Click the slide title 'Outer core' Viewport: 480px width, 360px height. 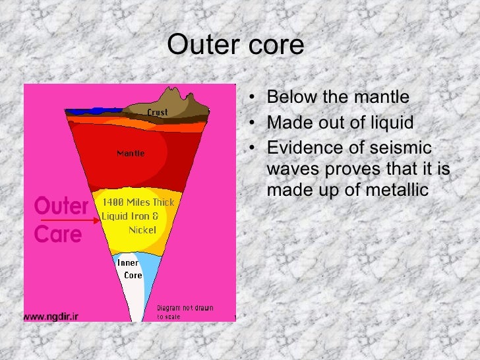click(x=235, y=45)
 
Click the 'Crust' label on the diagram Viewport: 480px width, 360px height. click(x=158, y=112)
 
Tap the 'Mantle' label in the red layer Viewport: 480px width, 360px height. click(x=131, y=154)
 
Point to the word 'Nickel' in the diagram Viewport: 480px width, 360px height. click(x=142, y=230)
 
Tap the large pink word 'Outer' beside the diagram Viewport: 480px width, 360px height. click(x=61, y=207)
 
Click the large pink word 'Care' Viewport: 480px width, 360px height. click(x=58, y=234)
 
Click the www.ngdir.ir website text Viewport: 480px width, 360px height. click(x=51, y=316)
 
